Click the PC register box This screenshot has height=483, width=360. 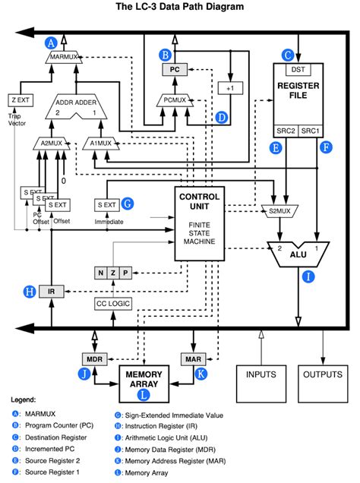coord(173,69)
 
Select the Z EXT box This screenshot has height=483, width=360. coord(19,99)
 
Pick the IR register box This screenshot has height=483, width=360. coord(51,291)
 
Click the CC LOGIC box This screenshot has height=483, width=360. coord(113,304)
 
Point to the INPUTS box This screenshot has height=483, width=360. coord(261,374)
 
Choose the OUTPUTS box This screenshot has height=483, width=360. coord(323,374)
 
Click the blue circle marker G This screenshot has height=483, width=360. coord(127,204)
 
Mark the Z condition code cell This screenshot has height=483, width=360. coord(113,272)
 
